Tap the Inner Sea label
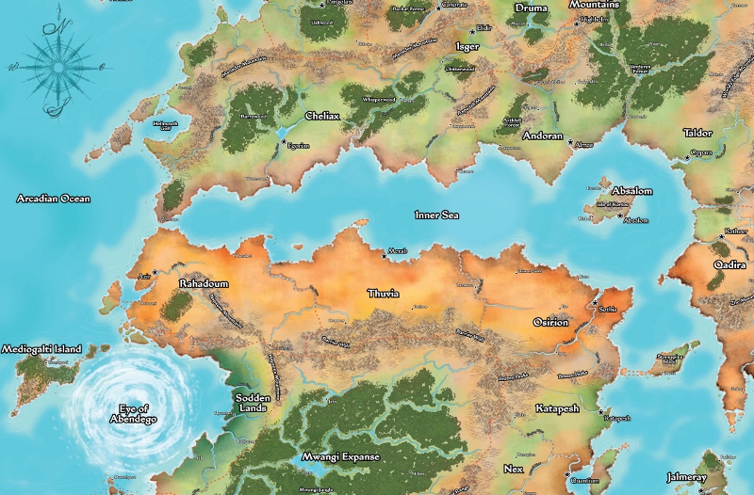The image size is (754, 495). (437, 216)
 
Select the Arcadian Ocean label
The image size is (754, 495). (54, 199)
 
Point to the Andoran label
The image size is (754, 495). (542, 136)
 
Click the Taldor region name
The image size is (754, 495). (697, 133)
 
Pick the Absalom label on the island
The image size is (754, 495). (631, 190)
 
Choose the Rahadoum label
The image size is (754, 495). (204, 282)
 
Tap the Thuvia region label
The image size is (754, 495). (383, 294)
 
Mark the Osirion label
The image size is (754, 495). (550, 322)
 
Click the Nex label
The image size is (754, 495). (514, 468)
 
